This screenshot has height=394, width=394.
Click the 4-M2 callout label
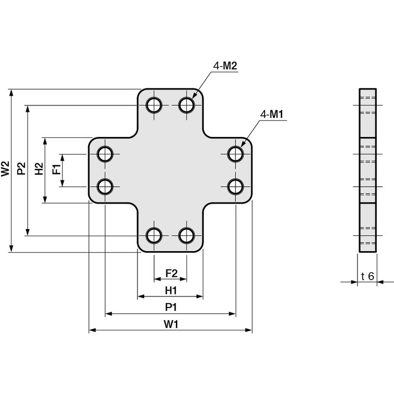click(225, 66)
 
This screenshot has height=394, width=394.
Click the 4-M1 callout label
click(272, 114)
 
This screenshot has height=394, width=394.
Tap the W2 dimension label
click(5, 168)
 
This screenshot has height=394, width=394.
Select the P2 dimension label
click(21, 168)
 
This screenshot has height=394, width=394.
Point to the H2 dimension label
click(39, 168)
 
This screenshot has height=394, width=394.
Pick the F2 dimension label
click(171, 273)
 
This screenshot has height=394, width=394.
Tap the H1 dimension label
click(171, 291)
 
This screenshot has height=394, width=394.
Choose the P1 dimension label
click(171, 307)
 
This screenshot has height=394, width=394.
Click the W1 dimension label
click(171, 325)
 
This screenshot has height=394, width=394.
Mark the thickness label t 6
click(367, 276)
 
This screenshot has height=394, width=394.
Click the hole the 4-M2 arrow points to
click(187, 105)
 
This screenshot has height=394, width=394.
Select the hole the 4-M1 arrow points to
click(236, 154)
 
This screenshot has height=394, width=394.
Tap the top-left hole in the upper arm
click(154, 105)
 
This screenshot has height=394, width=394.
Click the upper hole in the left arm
click(105, 154)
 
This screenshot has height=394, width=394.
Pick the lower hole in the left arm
click(105, 187)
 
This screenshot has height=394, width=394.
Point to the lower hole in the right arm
click(236, 187)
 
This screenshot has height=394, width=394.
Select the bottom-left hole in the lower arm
click(154, 236)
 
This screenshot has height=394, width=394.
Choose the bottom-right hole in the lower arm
click(187, 236)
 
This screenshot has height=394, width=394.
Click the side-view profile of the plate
click(367, 170)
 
